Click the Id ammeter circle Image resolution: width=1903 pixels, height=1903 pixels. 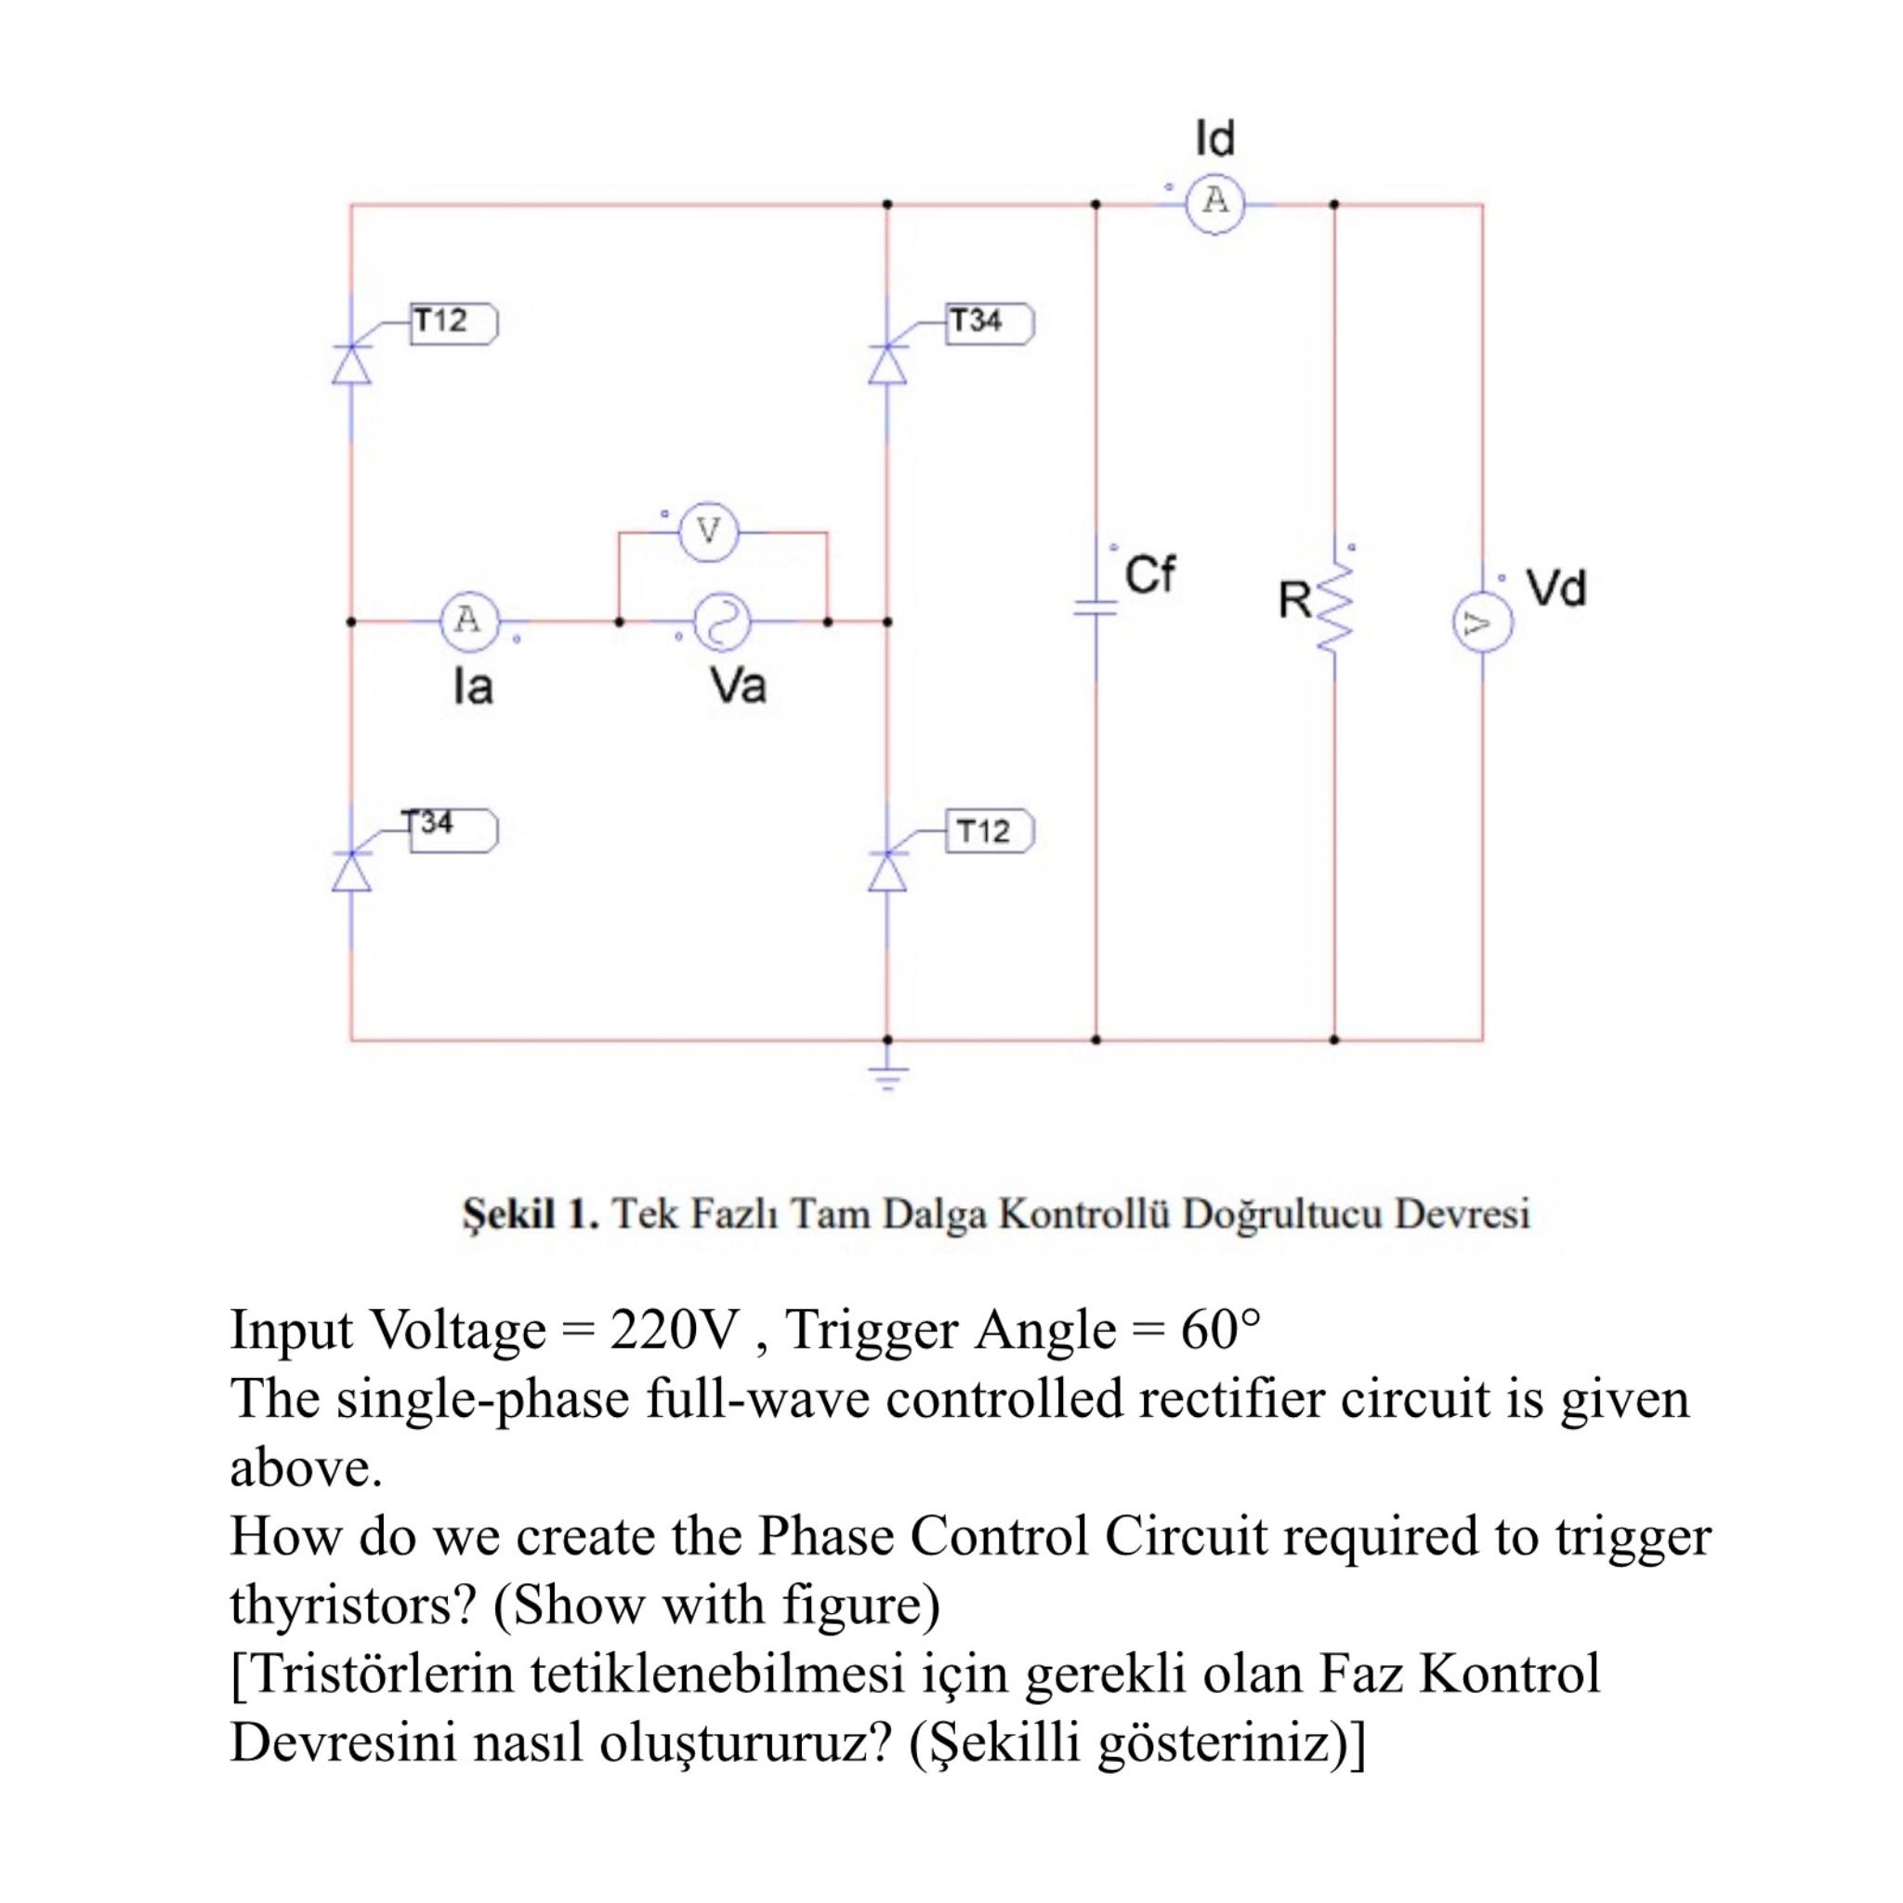1215,203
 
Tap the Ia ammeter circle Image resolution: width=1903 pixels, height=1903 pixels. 469,622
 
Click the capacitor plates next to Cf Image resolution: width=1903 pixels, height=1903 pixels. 1096,608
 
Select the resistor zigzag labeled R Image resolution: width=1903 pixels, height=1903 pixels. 1335,608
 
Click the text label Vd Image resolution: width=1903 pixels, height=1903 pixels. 1556,588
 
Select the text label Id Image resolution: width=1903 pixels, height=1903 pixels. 1214,138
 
